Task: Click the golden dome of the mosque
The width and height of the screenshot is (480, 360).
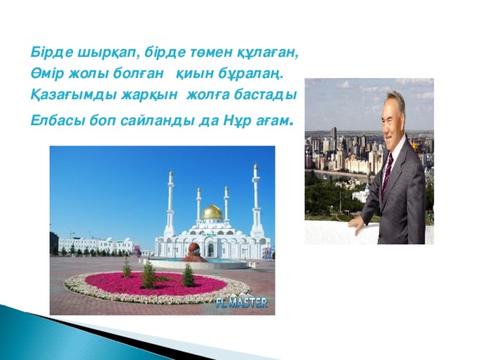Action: click(212, 212)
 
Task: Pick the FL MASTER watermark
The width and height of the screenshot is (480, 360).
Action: click(241, 304)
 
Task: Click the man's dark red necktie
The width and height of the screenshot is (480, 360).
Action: click(388, 173)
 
